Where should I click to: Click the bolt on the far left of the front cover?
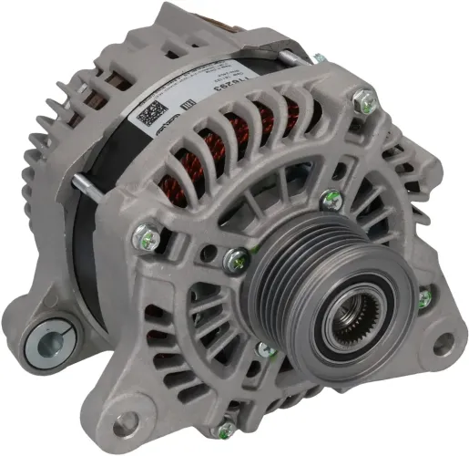[143, 239]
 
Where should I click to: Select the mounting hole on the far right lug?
[443, 345]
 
